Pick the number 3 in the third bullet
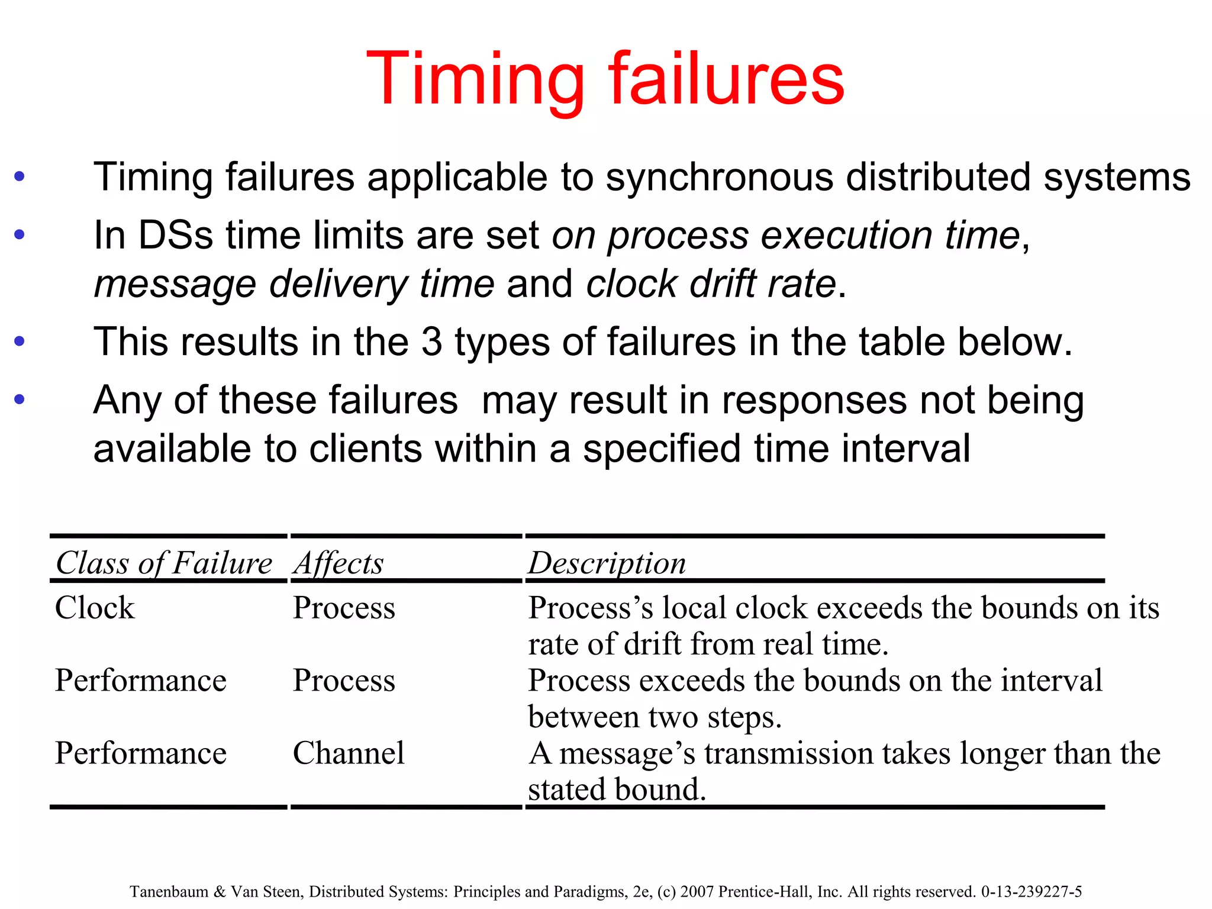point(432,342)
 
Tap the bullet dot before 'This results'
point(20,341)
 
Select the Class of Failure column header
point(164,563)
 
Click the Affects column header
point(339,563)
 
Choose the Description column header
point(607,563)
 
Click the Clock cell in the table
point(95,608)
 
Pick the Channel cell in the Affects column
point(349,753)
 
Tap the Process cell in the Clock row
point(344,608)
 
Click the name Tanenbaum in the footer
point(169,892)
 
